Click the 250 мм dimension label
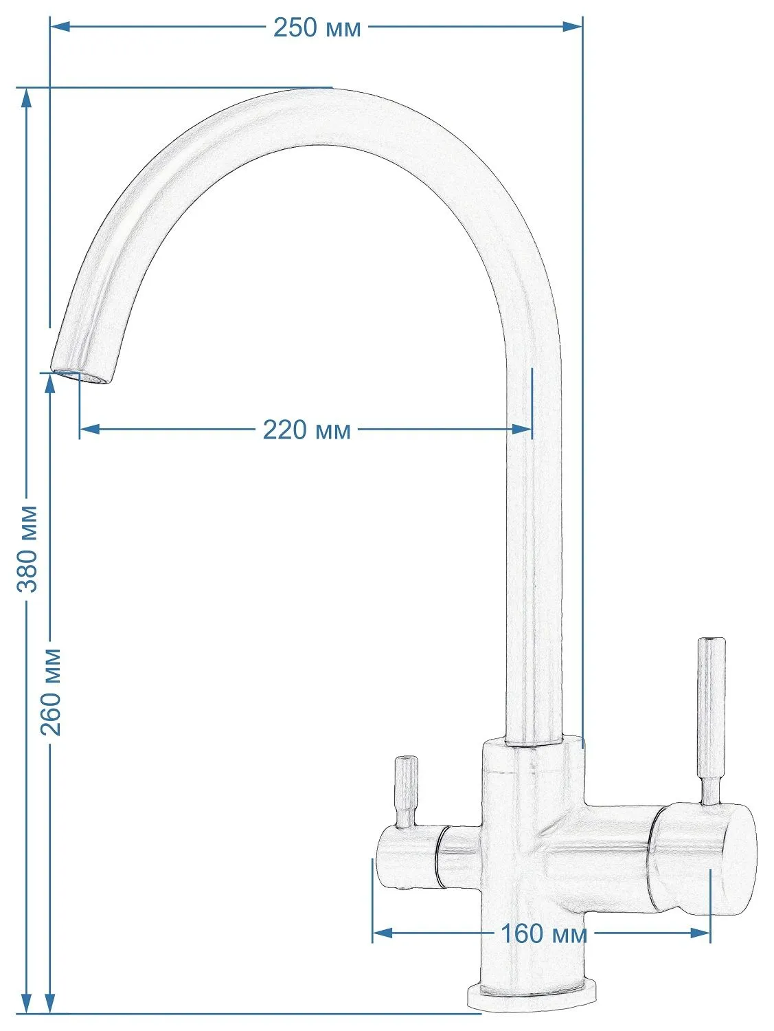317,27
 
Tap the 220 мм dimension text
306,430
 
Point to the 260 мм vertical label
51,692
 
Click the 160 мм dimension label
544,933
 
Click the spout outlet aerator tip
81,376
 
